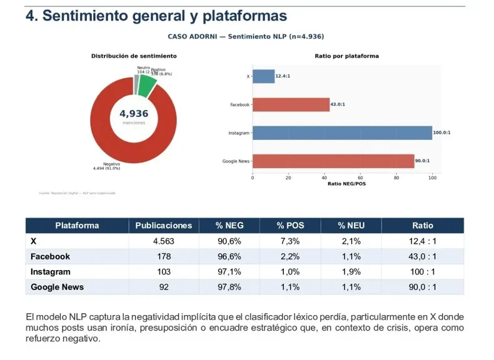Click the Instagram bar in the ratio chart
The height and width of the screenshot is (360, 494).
(342, 132)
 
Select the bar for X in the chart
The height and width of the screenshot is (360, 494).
(263, 76)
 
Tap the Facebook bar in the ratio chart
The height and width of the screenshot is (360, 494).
(291, 104)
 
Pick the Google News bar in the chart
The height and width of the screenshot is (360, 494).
(333, 161)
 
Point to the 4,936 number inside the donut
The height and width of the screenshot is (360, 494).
(134, 114)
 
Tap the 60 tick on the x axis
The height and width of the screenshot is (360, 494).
(360, 177)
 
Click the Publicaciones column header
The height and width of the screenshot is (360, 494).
(164, 226)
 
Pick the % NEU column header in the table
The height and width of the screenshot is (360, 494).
(350, 226)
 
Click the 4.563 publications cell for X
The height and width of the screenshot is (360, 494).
(164, 241)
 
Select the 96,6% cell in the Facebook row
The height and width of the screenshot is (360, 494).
(228, 256)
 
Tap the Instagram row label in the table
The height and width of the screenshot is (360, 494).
(51, 272)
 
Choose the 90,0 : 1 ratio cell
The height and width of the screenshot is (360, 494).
(423, 287)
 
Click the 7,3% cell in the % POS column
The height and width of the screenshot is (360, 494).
(290, 241)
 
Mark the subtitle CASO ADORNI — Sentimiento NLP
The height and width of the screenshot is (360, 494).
(246, 36)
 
